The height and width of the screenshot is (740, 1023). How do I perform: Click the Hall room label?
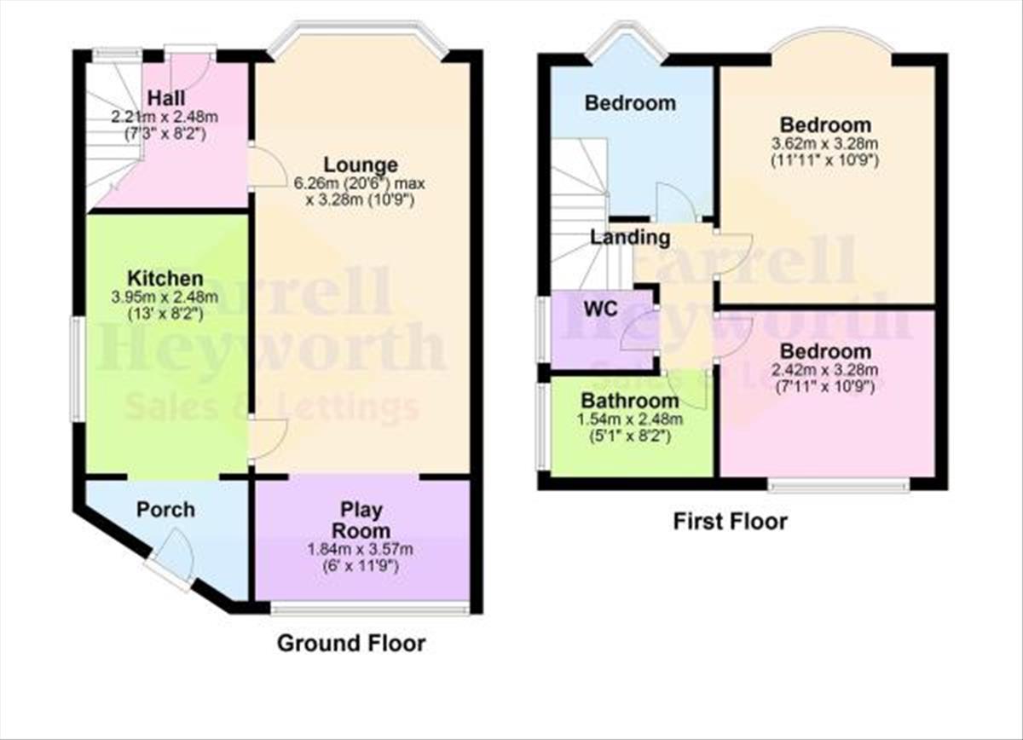pos(167,98)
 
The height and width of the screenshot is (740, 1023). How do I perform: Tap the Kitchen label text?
pos(165,278)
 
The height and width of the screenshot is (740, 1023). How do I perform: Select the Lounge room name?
pos(361,165)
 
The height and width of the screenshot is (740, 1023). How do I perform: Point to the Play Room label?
pos(361,520)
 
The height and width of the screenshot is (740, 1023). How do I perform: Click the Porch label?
pos(165,510)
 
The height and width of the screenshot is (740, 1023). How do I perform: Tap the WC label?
pos(600,309)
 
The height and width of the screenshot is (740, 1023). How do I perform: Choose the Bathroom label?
pos(630,401)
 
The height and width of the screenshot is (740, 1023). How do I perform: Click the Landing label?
pos(630,238)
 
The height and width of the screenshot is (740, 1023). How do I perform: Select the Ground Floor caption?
pos(351,643)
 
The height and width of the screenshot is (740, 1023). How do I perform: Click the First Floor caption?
pos(731,521)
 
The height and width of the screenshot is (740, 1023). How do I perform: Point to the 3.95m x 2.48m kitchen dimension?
pos(165,297)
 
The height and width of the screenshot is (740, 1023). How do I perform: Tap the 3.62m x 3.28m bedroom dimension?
pos(825,144)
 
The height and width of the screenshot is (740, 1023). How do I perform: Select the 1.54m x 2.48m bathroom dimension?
pos(630,419)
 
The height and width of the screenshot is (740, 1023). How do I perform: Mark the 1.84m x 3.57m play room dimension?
pos(361,549)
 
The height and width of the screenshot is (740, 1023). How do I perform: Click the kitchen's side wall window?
pos(78,369)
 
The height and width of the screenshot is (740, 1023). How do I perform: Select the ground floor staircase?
pos(114,132)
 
